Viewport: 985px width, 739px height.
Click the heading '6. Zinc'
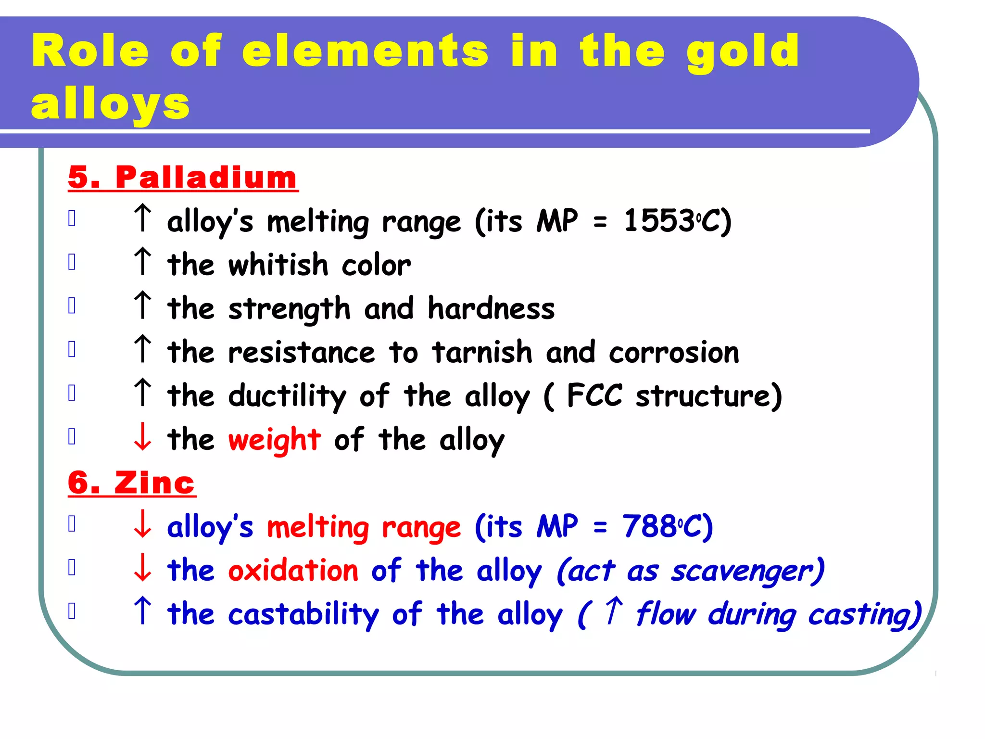132,482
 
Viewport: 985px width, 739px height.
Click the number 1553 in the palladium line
658,221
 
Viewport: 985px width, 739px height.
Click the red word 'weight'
274,440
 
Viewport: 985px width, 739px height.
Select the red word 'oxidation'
293,571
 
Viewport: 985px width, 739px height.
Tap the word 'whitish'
278,265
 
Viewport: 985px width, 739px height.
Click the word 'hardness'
491,308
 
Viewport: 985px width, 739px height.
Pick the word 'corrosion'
673,352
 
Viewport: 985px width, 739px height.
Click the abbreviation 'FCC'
594,395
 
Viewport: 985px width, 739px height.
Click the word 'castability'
303,614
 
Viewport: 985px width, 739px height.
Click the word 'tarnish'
482,352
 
